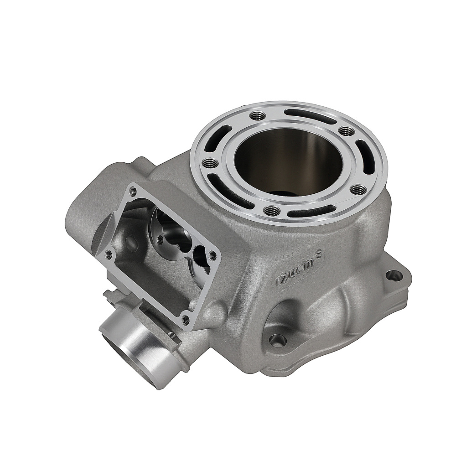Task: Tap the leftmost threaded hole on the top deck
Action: click(x=210, y=163)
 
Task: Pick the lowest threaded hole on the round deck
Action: click(x=272, y=211)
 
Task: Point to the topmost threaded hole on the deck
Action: click(x=258, y=116)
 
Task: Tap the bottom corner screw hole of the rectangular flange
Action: click(x=186, y=320)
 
